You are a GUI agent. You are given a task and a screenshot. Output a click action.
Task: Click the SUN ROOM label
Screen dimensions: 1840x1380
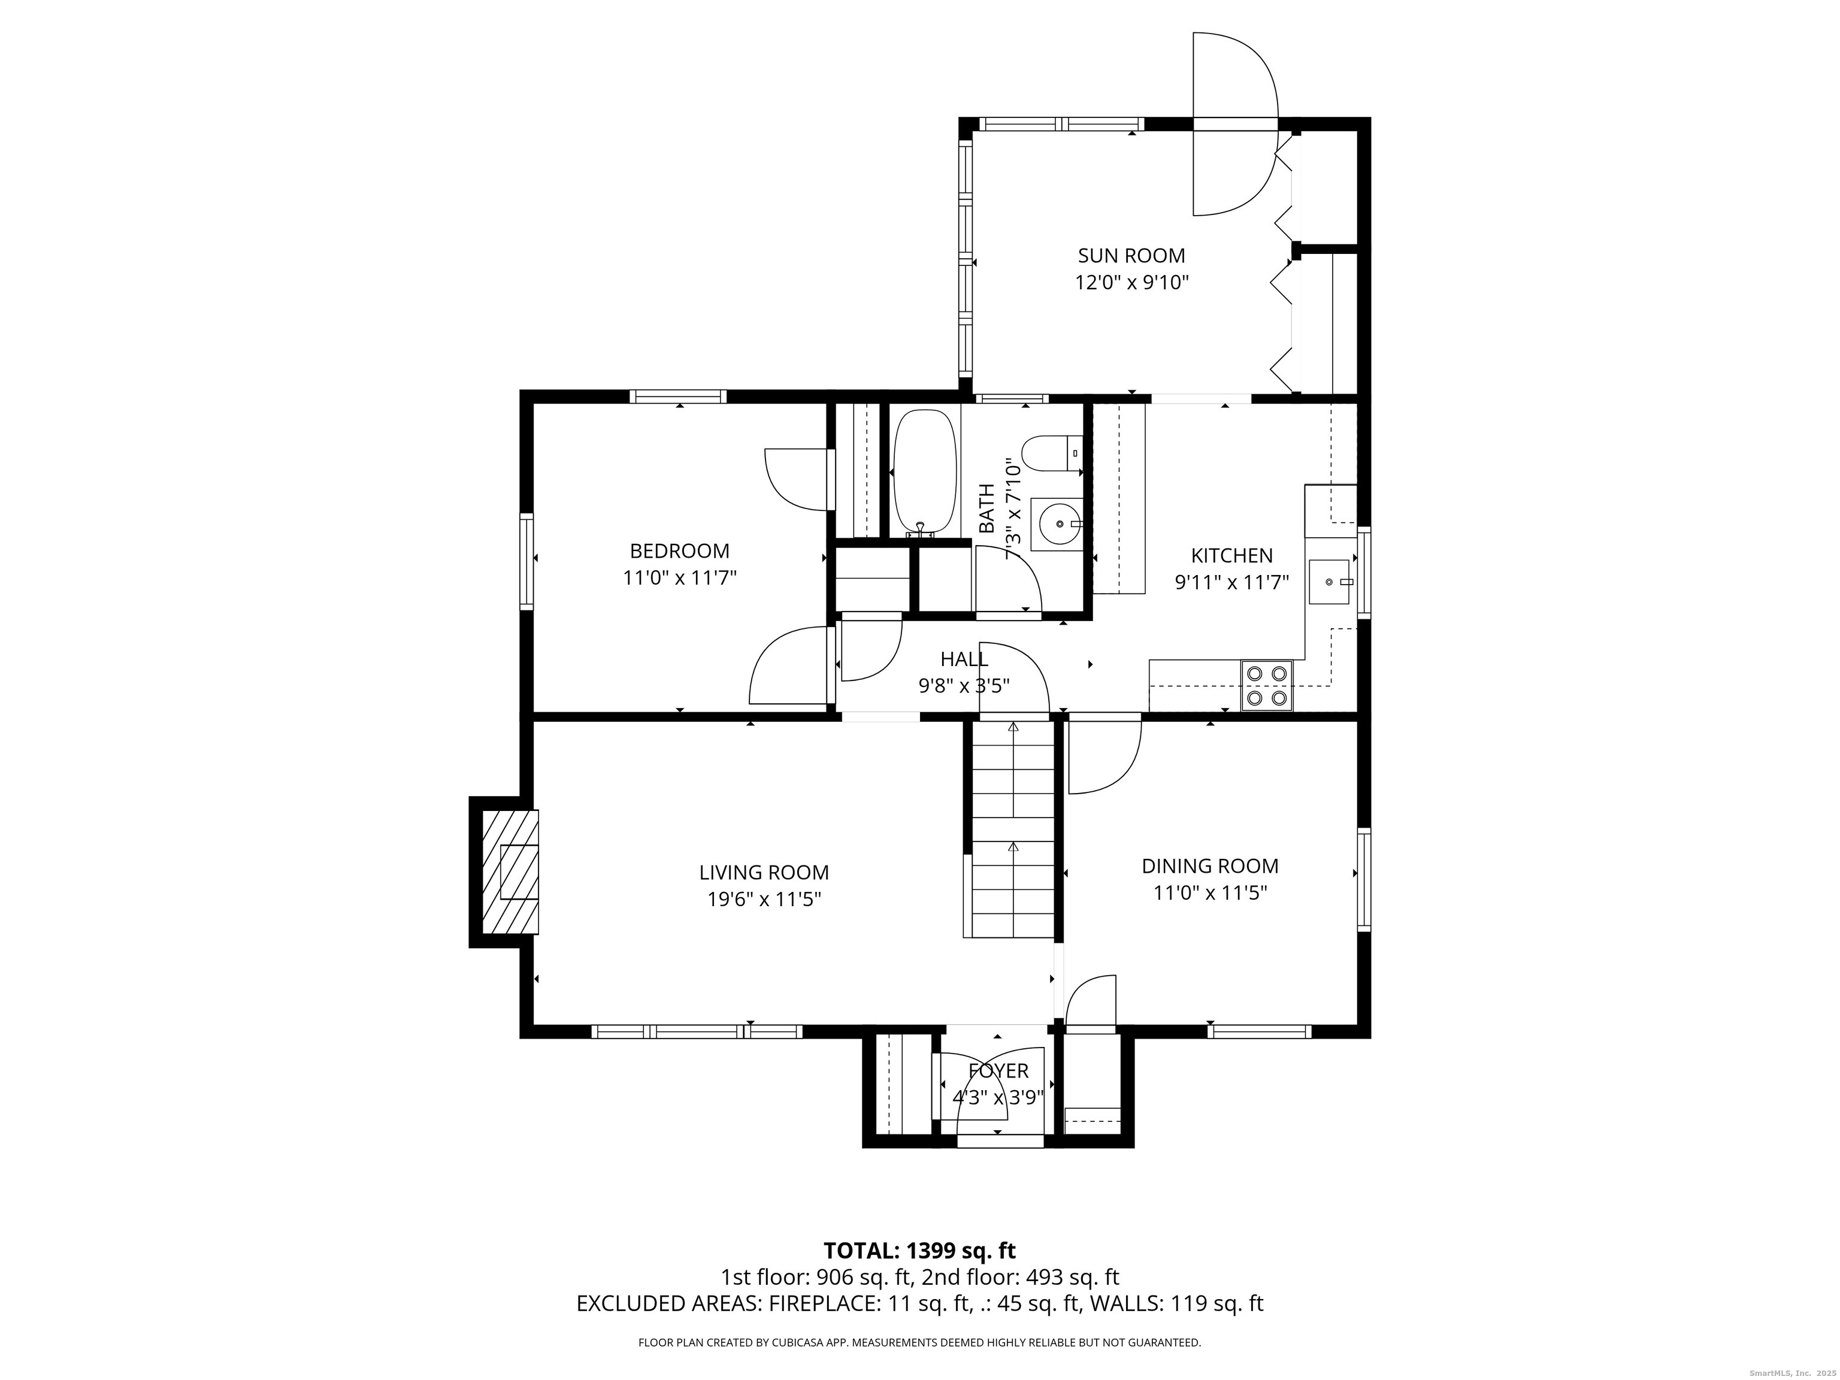pos(1131,255)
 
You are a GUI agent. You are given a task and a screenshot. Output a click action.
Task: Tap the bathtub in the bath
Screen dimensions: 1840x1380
pos(924,470)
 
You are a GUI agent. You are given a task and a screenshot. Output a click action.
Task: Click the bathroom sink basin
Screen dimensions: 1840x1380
pos(1057,524)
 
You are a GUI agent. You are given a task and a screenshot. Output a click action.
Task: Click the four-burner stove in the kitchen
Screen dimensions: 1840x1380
pos(1267,685)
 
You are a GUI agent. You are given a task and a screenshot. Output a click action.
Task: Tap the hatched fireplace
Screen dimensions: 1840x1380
pos(510,871)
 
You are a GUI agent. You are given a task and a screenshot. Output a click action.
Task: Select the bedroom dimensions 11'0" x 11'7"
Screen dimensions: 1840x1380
pos(680,577)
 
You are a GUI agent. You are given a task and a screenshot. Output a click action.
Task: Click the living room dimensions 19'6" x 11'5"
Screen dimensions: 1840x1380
pos(764,899)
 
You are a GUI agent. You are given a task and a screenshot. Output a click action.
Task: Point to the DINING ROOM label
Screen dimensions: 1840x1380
pos(1209,866)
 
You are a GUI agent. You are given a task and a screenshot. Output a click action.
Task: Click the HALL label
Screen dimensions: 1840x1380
pos(964,659)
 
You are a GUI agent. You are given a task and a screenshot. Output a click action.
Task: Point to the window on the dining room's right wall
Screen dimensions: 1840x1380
pos(1364,879)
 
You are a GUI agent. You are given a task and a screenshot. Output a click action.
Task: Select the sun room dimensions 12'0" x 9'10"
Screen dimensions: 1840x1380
pos(1131,283)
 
